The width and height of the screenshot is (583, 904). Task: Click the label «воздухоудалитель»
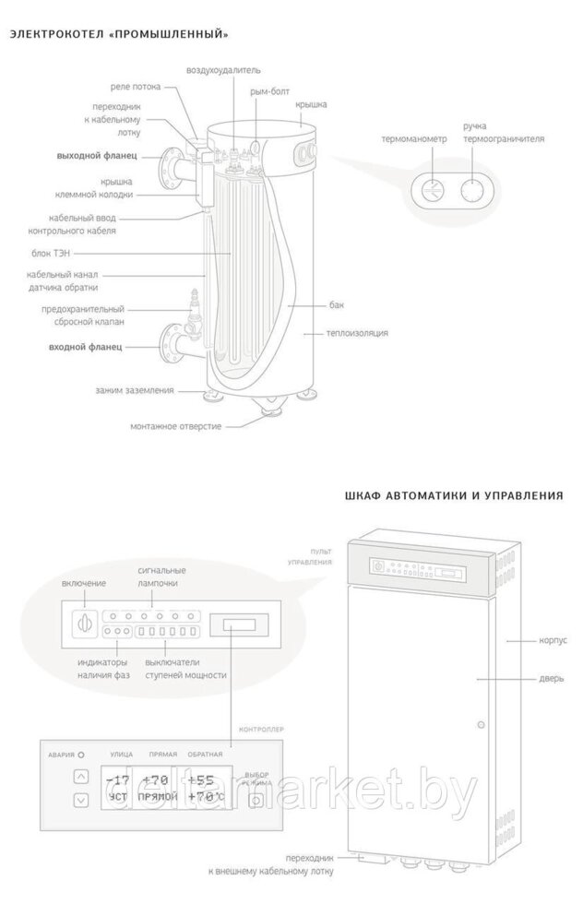click(x=224, y=69)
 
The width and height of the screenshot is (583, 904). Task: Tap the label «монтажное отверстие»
click(x=175, y=426)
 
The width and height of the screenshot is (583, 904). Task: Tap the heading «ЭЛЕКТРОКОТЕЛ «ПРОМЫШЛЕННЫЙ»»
click(x=119, y=35)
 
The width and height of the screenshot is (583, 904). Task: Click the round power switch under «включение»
click(x=84, y=622)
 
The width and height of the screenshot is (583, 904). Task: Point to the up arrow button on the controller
click(x=81, y=777)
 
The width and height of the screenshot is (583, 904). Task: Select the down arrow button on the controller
click(x=81, y=799)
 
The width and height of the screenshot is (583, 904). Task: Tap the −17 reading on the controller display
click(x=119, y=780)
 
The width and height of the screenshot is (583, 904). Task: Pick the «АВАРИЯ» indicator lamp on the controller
click(x=81, y=755)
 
